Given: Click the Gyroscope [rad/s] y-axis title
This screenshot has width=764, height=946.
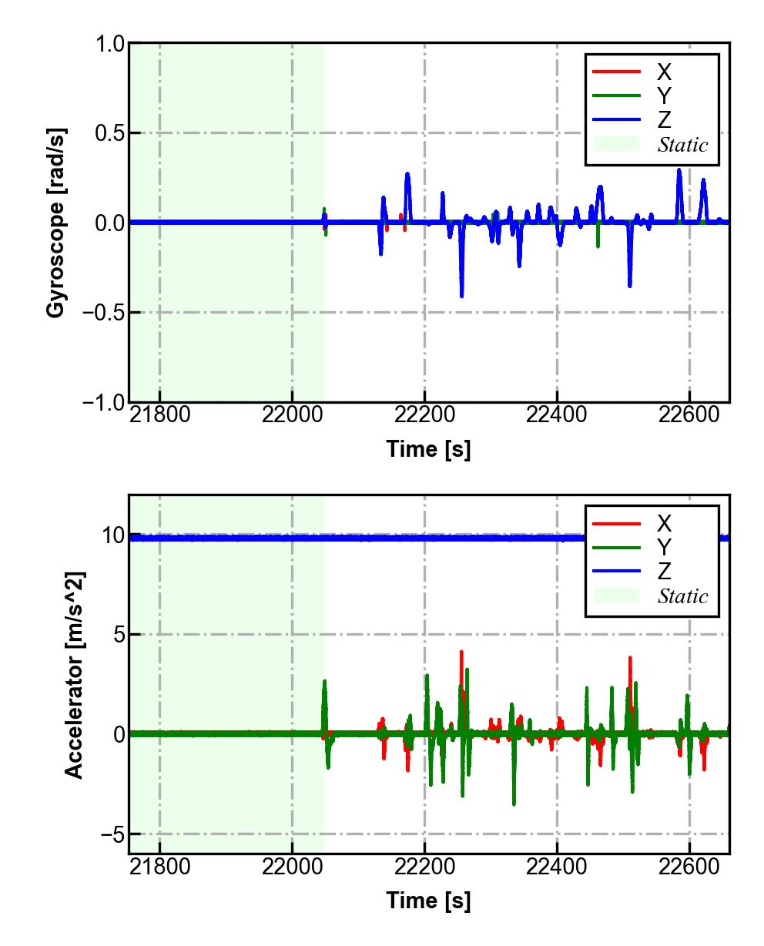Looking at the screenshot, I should tap(55, 222).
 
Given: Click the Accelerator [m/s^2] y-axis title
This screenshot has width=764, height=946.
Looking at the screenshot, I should tap(75, 675).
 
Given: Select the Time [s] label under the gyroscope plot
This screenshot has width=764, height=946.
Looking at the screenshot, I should tap(428, 449).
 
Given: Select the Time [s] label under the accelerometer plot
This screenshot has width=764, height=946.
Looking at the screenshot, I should tap(428, 900).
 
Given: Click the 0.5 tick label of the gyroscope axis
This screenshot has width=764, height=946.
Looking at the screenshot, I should tap(109, 133).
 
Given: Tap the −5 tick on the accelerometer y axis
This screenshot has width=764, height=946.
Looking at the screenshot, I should tap(109, 834).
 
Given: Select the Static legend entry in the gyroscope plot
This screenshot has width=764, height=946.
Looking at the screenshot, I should tap(682, 145).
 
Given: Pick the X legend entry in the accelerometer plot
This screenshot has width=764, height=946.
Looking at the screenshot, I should tap(664, 524).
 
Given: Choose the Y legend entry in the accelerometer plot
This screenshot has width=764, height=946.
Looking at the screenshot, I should tap(664, 548).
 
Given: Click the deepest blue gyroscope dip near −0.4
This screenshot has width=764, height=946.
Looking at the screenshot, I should tap(461, 295).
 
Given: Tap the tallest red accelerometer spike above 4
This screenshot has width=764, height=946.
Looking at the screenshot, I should tap(461, 652).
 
